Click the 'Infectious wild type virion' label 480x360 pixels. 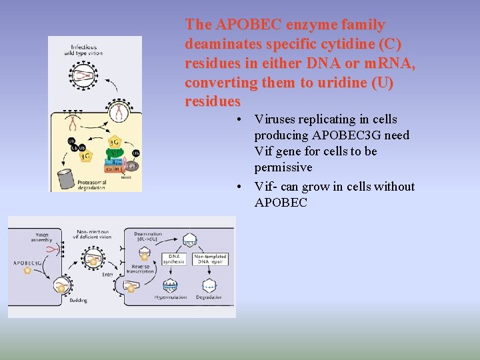[84, 50]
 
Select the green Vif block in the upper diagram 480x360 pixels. [115, 153]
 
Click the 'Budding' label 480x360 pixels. [78, 300]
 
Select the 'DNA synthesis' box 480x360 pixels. [174, 259]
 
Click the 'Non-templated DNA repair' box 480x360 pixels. [210, 259]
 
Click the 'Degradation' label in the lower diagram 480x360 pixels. [209, 297]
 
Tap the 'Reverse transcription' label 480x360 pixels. [141, 269]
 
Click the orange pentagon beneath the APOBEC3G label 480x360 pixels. [27, 272]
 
